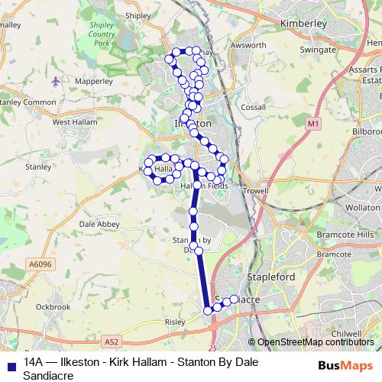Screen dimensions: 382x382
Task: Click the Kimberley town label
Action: coord(304,24)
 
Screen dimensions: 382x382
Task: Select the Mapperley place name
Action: coord(94,79)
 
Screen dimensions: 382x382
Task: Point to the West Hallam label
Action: coord(73,121)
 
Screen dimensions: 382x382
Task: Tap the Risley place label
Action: coord(175,322)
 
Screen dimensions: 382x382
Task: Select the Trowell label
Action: coord(257,190)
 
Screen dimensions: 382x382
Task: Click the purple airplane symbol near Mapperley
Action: coord(56,80)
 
